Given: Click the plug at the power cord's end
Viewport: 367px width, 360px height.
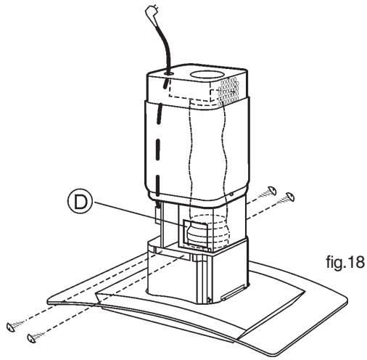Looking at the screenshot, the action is (150, 12).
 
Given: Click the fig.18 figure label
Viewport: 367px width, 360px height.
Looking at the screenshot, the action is (345, 262).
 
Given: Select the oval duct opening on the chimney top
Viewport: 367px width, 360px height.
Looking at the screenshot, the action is (205, 75).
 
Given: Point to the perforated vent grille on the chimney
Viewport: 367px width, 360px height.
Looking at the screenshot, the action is (228, 92).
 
